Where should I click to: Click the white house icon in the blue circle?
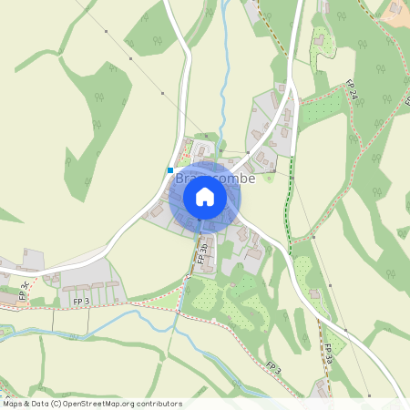[x=205, y=197]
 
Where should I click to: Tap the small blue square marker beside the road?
[x=170, y=169]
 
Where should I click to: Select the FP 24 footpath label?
[x=352, y=91]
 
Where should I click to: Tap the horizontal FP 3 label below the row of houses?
[x=80, y=300]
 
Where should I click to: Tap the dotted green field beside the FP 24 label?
[x=323, y=108]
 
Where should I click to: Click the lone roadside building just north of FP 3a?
[x=315, y=293]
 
